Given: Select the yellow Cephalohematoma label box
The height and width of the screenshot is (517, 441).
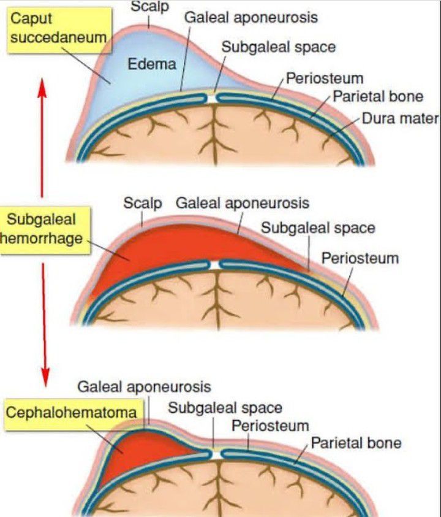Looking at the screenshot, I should click(71, 412).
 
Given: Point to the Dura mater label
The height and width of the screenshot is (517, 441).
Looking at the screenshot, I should click(401, 118).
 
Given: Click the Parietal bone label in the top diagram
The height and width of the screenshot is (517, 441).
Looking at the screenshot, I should click(378, 97).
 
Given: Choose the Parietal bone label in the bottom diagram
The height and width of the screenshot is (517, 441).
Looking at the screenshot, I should click(356, 443).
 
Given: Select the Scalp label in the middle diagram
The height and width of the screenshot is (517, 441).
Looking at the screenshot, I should click(142, 203).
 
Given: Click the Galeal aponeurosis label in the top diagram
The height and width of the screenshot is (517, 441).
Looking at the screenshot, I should click(252, 17).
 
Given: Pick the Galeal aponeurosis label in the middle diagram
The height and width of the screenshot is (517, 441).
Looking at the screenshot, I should click(243, 203).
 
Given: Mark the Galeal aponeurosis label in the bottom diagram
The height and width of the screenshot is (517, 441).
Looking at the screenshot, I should click(144, 387).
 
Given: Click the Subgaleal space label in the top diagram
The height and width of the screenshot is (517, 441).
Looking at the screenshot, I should click(278, 47).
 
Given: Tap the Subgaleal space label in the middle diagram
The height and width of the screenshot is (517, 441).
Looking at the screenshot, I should click(318, 228).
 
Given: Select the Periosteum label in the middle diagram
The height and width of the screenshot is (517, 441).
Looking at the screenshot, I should click(360, 258).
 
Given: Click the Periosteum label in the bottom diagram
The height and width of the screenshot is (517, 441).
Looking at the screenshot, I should click(270, 426).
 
